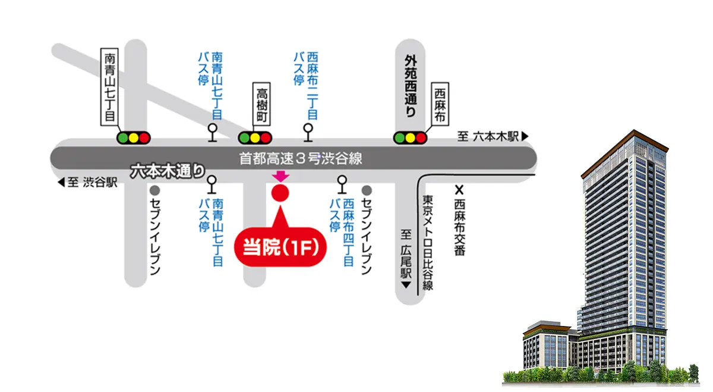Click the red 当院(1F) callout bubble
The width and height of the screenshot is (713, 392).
(x=280, y=246)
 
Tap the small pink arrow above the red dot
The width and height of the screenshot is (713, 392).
(x=280, y=177)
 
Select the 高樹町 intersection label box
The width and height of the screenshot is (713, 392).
(x=261, y=104)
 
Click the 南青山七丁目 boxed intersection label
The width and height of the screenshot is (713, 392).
(x=109, y=87)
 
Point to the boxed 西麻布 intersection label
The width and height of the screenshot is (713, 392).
(x=440, y=104)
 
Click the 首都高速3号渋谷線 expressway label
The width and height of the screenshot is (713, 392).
(x=301, y=158)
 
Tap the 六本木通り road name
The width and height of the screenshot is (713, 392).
(x=168, y=171)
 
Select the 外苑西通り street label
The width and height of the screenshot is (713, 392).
(x=411, y=86)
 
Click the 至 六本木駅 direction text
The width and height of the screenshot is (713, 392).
(x=493, y=136)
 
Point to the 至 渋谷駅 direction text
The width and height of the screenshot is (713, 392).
(x=87, y=182)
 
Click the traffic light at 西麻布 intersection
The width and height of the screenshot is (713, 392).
(x=411, y=138)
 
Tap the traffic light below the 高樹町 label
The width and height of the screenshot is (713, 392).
(x=255, y=138)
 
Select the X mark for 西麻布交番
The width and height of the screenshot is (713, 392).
(x=459, y=190)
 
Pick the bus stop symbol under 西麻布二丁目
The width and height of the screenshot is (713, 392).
(x=308, y=132)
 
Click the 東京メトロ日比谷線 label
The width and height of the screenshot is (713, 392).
(x=428, y=243)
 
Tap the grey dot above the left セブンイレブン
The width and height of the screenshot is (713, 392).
(x=154, y=190)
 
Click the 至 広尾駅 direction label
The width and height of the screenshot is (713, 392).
(x=406, y=259)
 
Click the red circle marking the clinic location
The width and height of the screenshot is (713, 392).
(x=280, y=193)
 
